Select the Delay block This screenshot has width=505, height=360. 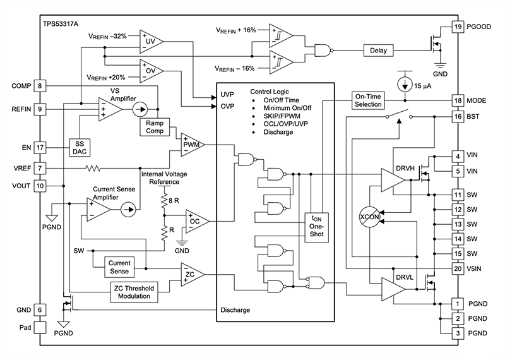coord(378,50)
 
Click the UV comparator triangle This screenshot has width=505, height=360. coord(151,40)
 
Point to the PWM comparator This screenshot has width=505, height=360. coord(191,145)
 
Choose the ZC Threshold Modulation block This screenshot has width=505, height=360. coord(136,292)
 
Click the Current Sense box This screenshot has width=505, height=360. coord(119,266)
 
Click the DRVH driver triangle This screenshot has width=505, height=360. coord(395,180)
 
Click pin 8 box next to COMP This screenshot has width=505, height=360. coord(40,86)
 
